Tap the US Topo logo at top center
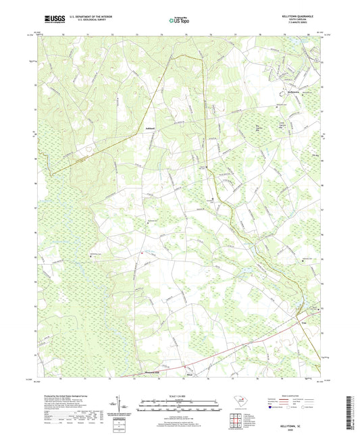click(x=179, y=22)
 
